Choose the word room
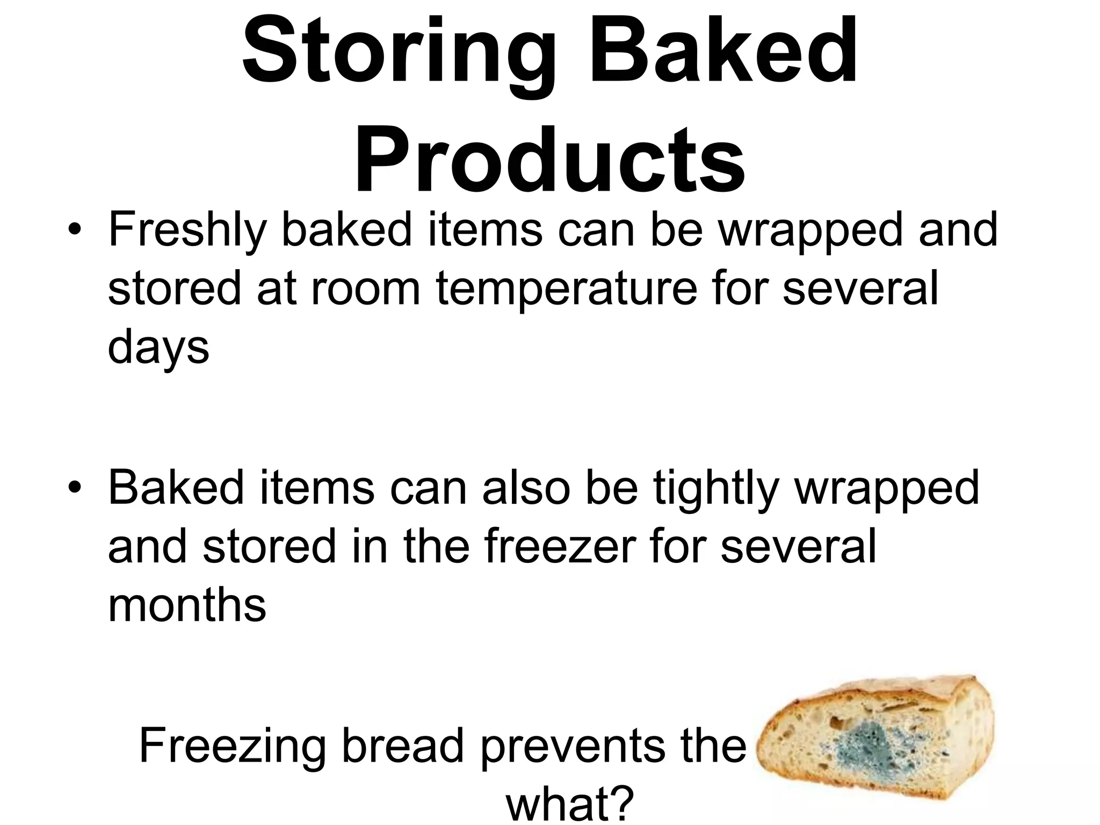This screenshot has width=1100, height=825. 365,288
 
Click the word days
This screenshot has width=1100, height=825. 158,348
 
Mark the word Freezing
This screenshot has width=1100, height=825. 231,747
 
